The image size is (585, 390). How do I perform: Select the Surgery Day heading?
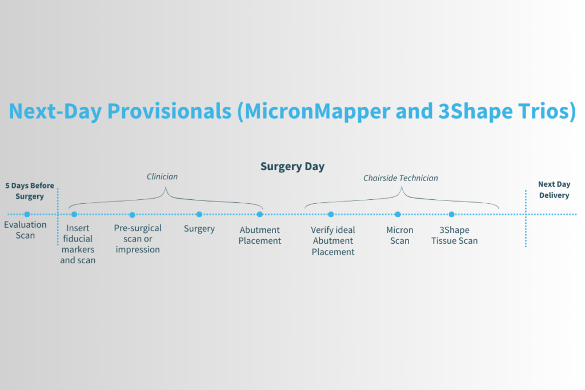coord(292,167)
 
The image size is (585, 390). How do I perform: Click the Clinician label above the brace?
coord(162,177)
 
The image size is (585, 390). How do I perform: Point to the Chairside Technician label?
coord(400,178)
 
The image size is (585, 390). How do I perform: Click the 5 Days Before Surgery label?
coord(29,191)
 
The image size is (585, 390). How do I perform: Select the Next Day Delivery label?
coord(554,190)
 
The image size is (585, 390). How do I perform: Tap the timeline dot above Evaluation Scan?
coord(27,215)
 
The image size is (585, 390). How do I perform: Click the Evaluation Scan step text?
coord(25,230)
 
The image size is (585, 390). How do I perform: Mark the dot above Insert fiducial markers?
coord(74,215)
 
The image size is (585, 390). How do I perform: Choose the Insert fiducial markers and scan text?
coord(78,244)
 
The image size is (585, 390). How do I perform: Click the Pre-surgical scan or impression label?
coord(138,239)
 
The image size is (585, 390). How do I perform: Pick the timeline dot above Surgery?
coord(199,215)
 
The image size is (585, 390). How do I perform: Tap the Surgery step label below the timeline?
coord(199,229)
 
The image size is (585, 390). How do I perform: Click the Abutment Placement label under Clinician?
coord(260,235)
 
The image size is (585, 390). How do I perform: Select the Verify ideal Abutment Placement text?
coord(332,241)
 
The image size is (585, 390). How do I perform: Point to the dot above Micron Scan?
coord(398,215)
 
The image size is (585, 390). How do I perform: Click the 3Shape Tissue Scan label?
coord(454,235)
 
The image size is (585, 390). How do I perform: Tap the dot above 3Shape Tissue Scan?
coord(451,215)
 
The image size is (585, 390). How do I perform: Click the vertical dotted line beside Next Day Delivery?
coord(526,228)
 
